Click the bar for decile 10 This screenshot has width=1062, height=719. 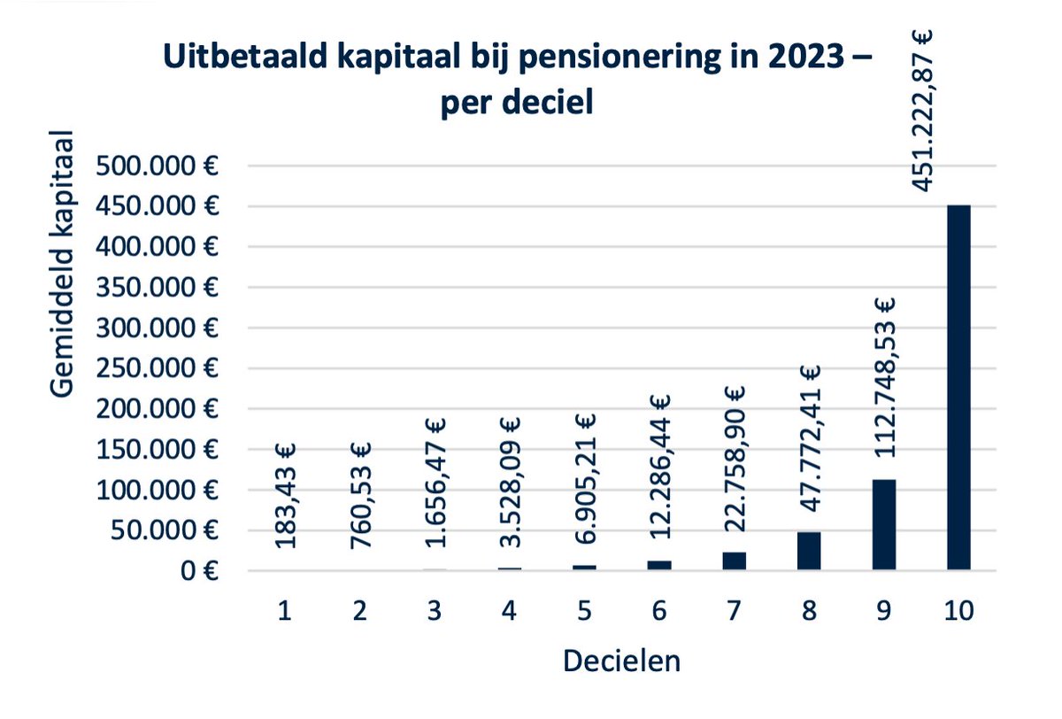(x=958, y=388)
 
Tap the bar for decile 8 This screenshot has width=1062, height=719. (x=809, y=551)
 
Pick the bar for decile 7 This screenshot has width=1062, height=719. (x=735, y=561)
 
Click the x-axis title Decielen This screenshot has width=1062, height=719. (x=621, y=661)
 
